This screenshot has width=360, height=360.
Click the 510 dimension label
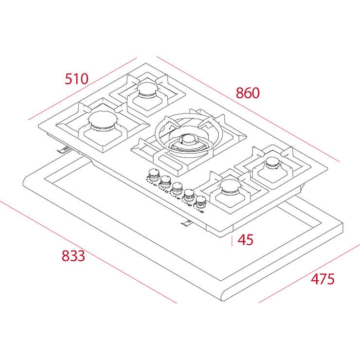pyautogui.click(x=76, y=79)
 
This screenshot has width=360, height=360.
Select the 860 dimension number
pyautogui.click(x=248, y=93)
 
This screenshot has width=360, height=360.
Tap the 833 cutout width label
pyautogui.click(x=73, y=256)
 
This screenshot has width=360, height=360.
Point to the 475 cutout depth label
pyautogui.click(x=323, y=279)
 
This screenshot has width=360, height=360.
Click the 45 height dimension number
pyautogui.click(x=246, y=240)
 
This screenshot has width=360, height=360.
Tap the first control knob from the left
pyautogui.click(x=154, y=175)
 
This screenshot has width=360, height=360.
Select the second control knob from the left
pyautogui.click(x=165, y=181)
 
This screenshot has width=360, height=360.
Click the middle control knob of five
pyautogui.click(x=177, y=188)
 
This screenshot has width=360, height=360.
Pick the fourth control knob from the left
pyautogui.click(x=189, y=195)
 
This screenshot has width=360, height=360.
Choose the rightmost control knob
pyautogui.click(x=200, y=201)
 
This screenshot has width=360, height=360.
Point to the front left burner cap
pyautogui.click(x=103, y=119)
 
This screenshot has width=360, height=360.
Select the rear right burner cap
pyautogui.click(x=273, y=162)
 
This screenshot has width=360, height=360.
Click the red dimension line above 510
pyautogui.click(x=82, y=89)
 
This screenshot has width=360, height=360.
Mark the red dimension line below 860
pyautogui.click(x=248, y=109)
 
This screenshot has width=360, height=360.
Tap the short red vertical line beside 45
pyautogui.click(x=232, y=241)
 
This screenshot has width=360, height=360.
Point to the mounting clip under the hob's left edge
pyautogui.click(x=65, y=149)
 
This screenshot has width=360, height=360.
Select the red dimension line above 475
pyautogui.click(x=309, y=273)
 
